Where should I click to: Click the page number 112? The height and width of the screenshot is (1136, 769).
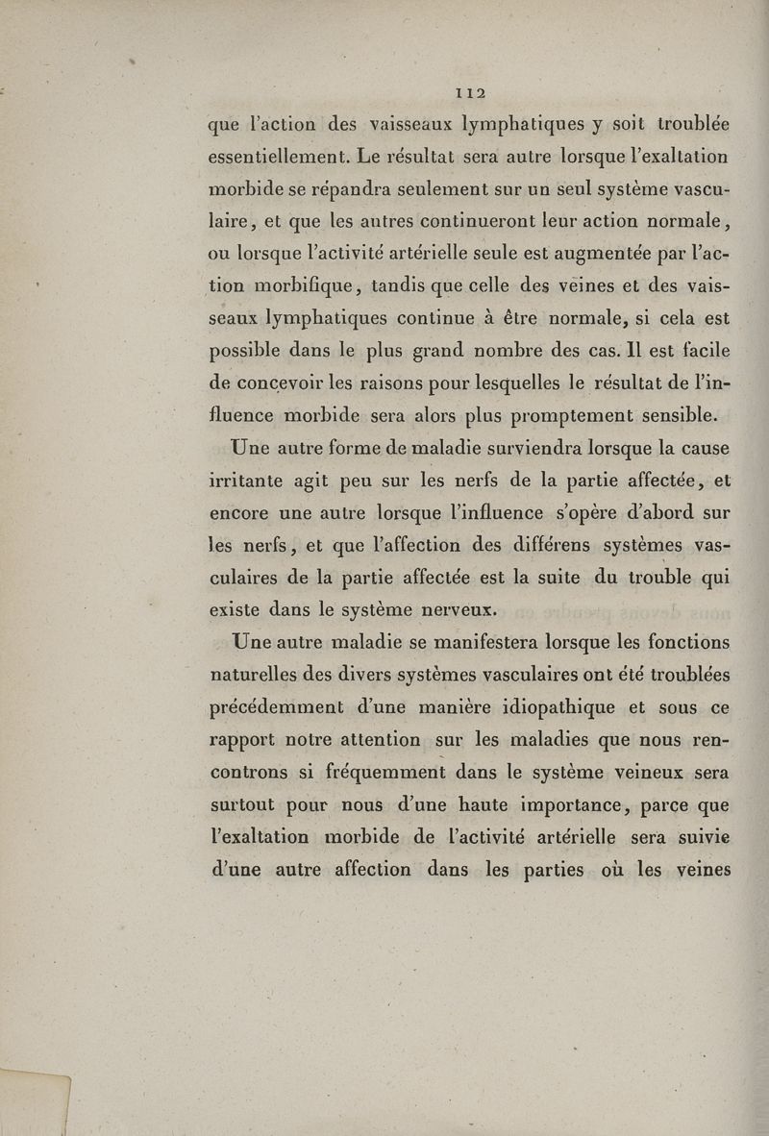coord(470,93)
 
